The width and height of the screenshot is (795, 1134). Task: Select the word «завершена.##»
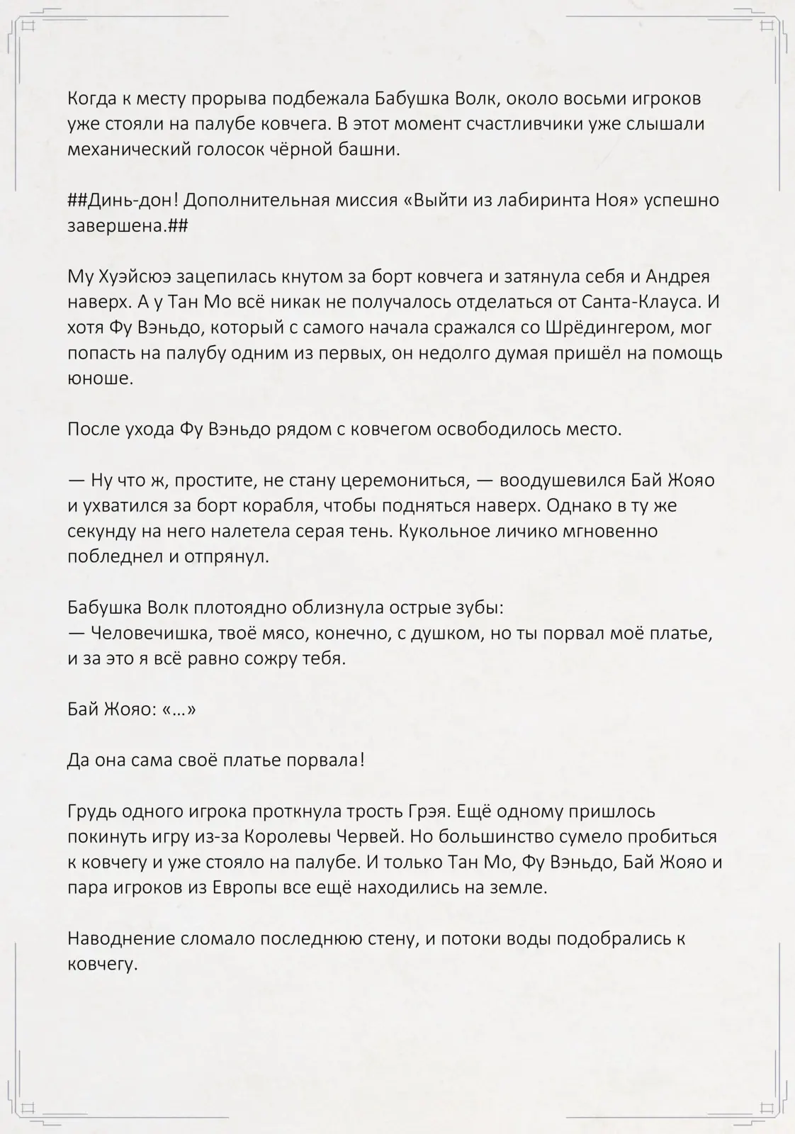[128, 226]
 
